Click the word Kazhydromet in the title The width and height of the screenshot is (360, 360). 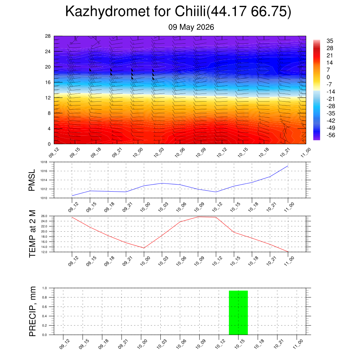coord(108,12)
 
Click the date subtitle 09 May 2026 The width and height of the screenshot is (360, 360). coord(191,27)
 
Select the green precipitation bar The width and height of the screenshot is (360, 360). coord(238,313)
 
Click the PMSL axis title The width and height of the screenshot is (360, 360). coord(32,180)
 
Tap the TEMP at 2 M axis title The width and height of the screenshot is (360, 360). coord(32,234)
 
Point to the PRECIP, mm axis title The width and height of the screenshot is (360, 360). coord(32,311)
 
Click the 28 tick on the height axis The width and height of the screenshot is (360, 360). coord(48,36)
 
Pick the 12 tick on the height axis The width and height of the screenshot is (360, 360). coord(48,98)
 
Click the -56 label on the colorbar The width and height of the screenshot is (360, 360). coord(331,135)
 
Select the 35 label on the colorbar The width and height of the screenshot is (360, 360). coord(330,41)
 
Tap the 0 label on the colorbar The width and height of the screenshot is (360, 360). coord(328,77)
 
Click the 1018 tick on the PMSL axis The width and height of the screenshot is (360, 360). coord(44,162)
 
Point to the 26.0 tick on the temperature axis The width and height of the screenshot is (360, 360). coord(44,216)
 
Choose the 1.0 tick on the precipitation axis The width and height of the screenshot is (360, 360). coord(45,288)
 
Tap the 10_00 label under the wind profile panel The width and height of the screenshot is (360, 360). coord(138,153)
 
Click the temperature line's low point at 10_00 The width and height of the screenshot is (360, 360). coord(144,248)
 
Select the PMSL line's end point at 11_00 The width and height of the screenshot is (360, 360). coord(288,166)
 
